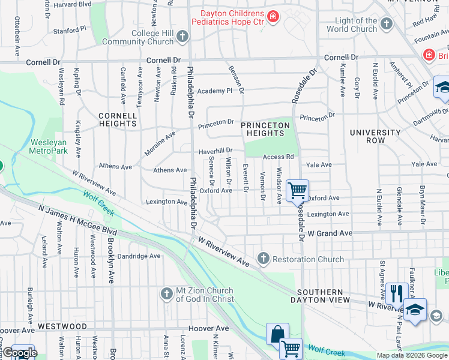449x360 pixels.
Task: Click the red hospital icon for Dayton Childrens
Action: point(273,16)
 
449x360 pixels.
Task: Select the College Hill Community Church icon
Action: point(183,37)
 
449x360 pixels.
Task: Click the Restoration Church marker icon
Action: point(263,259)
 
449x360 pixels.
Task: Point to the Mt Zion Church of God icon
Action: point(166,293)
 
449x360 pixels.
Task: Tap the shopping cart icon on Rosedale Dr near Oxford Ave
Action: point(297,191)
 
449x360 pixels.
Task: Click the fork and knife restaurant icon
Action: point(397,293)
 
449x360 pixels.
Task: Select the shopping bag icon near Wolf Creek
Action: point(277,334)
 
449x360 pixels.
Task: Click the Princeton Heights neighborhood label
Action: point(265,129)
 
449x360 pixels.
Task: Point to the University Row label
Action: point(375,136)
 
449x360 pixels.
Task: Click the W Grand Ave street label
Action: point(328,233)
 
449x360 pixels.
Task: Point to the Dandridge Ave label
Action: point(139,256)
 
